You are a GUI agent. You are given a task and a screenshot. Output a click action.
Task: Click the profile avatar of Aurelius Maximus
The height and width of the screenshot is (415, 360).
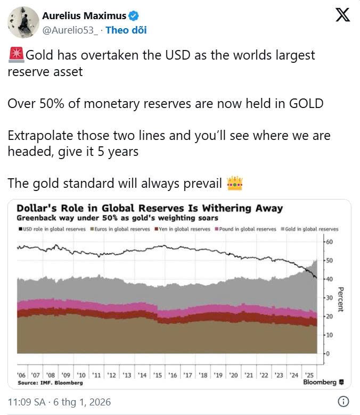23,22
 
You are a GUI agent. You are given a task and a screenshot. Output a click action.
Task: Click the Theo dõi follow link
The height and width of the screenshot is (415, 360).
126,30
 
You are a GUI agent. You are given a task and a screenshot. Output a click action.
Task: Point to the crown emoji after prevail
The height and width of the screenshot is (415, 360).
234,184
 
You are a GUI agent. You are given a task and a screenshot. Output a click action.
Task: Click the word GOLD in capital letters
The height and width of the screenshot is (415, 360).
305,103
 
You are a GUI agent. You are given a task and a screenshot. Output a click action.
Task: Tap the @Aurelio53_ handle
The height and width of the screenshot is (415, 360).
70,30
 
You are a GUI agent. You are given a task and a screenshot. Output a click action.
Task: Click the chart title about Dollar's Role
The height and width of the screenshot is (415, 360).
150,208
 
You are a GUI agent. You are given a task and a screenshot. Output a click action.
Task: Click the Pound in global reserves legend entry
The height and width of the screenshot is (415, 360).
247,229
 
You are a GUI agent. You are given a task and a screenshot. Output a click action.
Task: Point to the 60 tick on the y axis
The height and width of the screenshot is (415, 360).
329,242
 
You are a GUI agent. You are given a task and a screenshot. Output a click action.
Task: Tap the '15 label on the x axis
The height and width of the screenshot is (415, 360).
157,375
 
